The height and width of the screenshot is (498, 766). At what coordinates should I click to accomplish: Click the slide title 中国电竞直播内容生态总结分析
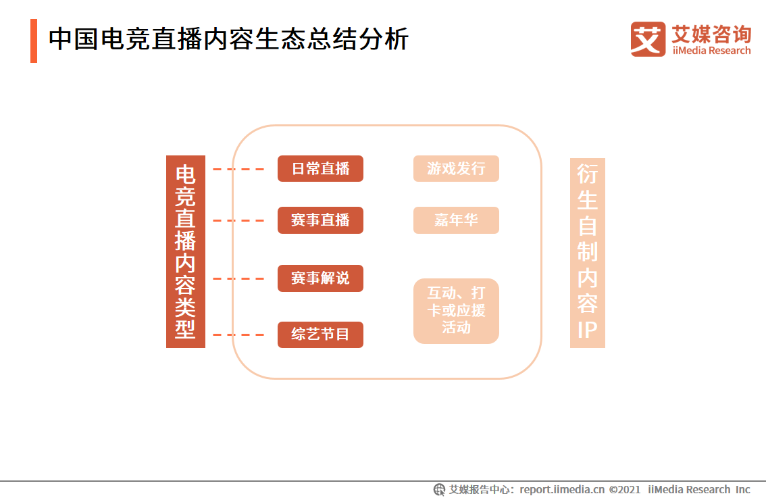pos(228,40)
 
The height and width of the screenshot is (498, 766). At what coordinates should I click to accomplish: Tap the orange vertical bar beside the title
pos(34,41)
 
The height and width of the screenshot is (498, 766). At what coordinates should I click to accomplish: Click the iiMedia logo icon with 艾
pos(648,39)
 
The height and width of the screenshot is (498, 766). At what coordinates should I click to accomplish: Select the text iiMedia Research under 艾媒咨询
pos(711,51)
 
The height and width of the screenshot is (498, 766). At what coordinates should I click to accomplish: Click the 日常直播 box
pos(320,169)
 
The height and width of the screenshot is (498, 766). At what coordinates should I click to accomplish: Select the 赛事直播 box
pos(320,220)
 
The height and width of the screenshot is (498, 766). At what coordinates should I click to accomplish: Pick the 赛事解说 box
pos(320,278)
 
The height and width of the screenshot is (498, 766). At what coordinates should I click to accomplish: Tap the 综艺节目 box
pos(320,335)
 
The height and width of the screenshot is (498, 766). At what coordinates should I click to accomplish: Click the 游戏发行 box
pos(456,169)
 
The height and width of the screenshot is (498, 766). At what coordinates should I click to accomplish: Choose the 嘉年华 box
pos(456,220)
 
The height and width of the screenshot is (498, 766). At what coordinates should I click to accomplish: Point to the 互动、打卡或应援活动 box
pos(456,311)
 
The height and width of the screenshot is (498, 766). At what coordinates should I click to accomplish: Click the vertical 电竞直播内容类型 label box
pos(185,251)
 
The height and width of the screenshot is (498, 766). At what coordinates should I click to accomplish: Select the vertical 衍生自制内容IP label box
pos(587,253)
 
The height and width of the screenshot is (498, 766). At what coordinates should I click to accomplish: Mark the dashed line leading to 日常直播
pos(238,169)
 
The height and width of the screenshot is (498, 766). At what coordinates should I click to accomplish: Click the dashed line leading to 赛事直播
pos(238,220)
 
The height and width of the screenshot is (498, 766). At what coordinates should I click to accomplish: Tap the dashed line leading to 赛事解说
pos(238,278)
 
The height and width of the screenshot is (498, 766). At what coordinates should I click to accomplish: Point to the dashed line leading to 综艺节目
pos(238,335)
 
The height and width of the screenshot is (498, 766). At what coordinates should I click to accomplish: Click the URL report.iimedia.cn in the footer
pos(562,489)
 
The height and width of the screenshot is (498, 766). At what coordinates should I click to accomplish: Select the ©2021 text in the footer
pos(625,489)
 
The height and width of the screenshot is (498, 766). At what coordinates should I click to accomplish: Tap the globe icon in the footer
pos(439,489)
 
